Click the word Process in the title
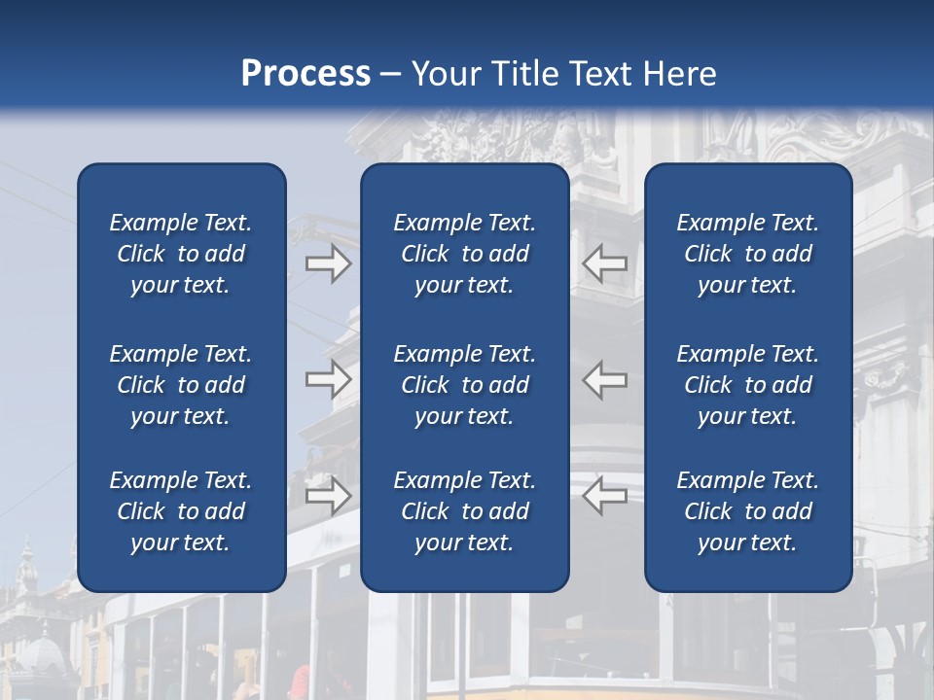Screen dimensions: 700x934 [x=305, y=74]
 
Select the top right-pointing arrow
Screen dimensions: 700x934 [x=329, y=263]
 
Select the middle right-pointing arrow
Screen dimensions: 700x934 [x=329, y=379]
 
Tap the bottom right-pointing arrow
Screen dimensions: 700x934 [x=329, y=496]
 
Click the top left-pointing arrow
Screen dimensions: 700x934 [x=605, y=263]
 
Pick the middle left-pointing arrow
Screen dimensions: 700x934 [x=605, y=379]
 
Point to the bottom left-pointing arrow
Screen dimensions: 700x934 [x=605, y=496]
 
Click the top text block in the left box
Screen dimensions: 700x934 [x=181, y=254]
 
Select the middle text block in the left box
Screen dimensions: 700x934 [x=181, y=385]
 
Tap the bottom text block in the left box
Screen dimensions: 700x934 [x=181, y=511]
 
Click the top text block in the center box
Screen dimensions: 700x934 [x=464, y=254]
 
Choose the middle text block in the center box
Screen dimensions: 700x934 [x=464, y=385]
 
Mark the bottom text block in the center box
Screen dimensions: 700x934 [x=464, y=511]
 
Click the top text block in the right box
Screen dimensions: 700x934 [x=747, y=254]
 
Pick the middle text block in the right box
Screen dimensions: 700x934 [x=747, y=385]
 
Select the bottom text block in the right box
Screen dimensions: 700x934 [x=747, y=511]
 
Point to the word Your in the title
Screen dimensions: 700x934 [x=444, y=74]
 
